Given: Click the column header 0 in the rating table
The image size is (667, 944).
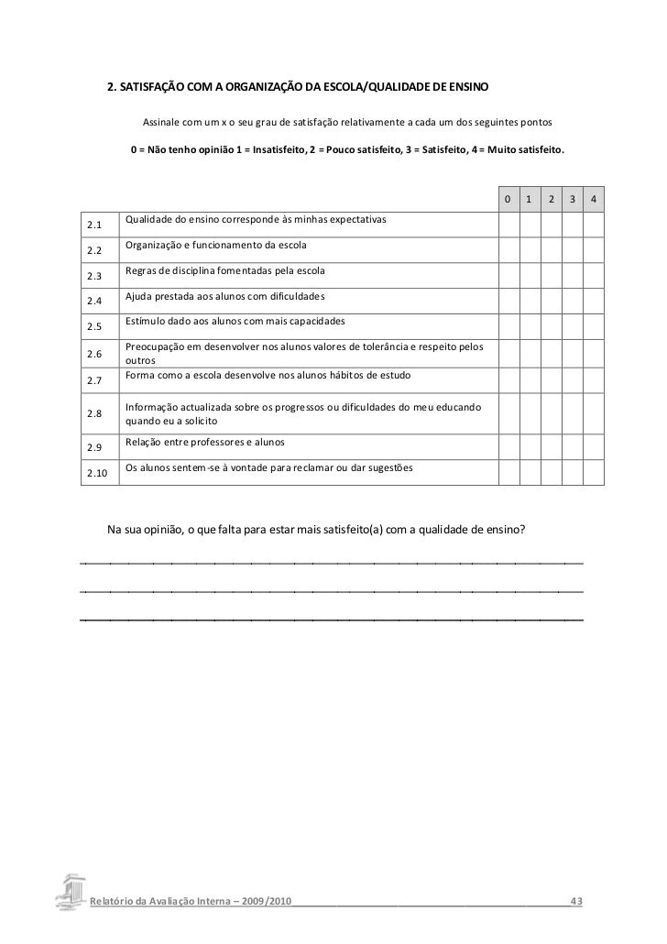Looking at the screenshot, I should (x=507, y=200).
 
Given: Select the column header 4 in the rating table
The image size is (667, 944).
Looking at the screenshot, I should (x=594, y=200).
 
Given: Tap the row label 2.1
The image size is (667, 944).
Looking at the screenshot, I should (x=93, y=225).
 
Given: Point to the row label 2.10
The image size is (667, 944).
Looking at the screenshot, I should (x=96, y=473).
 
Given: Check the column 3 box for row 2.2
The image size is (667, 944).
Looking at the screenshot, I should (x=573, y=250).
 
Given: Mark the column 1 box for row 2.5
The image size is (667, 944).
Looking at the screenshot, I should (x=529, y=326).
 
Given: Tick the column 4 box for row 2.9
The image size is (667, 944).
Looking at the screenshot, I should (x=594, y=447).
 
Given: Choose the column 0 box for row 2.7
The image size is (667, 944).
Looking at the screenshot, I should (x=507, y=380).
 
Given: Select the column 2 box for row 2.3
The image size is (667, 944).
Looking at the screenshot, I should (x=551, y=275).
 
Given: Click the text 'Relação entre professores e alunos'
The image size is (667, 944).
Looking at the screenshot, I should (x=204, y=443).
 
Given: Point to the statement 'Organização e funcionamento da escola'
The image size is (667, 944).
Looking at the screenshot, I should (x=216, y=246).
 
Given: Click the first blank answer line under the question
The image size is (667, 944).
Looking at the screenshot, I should (x=332, y=560).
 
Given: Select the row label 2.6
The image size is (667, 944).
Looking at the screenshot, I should (x=93, y=354).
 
